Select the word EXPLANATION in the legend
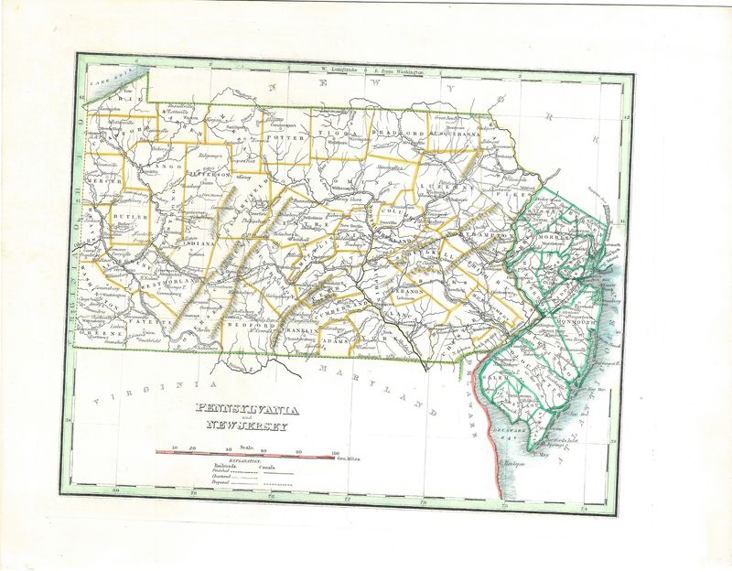coord(244,462)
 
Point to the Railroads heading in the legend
coord(214,469)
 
